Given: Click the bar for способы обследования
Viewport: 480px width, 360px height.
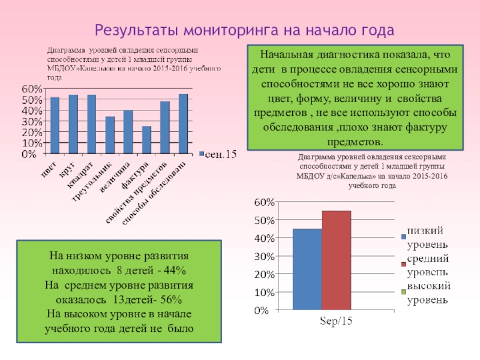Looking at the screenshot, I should click(x=183, y=123).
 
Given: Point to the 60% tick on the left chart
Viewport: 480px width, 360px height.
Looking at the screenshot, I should click(x=32, y=89).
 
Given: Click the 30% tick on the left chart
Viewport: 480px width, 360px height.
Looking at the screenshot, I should click(x=32, y=121).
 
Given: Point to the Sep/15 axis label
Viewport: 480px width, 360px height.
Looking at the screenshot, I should click(x=336, y=322).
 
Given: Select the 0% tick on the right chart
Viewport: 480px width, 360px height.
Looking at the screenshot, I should click(x=268, y=311).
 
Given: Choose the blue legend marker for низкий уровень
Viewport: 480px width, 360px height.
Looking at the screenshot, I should click(x=404, y=236).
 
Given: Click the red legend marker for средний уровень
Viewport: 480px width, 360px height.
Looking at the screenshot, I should click(x=404, y=264).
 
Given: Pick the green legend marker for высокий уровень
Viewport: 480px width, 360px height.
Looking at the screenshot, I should click(x=404, y=292).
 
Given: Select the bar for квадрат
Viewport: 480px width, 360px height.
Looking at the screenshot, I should click(x=91, y=124).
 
